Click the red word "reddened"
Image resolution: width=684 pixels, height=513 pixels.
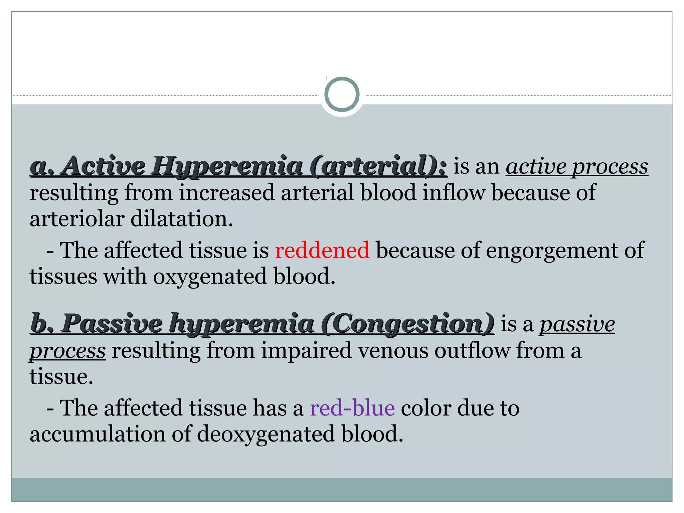pyautogui.click(x=322, y=250)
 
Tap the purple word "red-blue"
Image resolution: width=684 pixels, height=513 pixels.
pyautogui.click(x=352, y=408)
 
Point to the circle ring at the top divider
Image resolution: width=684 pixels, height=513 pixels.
pyautogui.click(x=342, y=95)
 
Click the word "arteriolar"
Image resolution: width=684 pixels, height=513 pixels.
pyautogui.click(x=76, y=219)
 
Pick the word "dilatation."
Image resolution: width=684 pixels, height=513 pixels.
pyautogui.click(x=182, y=219)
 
